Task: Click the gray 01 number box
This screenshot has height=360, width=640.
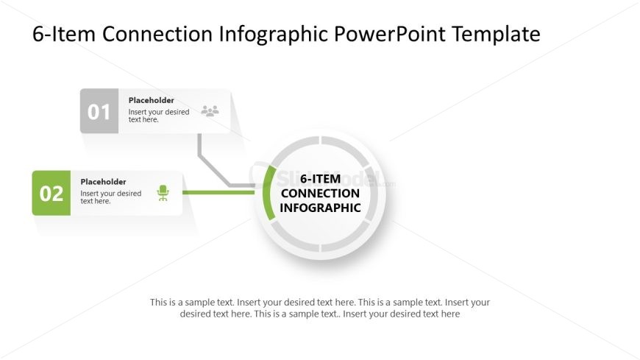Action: coord(99,110)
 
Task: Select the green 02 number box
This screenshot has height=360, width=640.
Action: coord(51,193)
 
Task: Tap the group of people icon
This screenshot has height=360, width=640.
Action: coord(210,110)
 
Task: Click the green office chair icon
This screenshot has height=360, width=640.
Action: coord(163,193)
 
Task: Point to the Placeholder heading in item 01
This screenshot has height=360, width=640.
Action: coord(151,100)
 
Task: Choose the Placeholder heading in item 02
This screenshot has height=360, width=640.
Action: coord(103,181)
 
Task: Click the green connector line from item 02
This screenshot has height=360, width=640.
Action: coord(218,192)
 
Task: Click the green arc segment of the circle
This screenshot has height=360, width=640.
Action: coord(268,193)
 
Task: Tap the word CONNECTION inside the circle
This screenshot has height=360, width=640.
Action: coord(321,194)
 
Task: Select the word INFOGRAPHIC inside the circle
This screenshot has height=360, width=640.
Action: coord(321,208)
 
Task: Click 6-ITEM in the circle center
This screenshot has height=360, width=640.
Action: coord(321,179)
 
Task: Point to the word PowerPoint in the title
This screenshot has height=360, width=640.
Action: coord(389,34)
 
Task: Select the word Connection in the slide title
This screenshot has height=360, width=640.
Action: coord(157,34)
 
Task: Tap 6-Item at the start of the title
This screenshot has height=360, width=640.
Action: coord(64,34)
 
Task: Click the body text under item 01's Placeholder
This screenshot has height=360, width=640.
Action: coord(159,116)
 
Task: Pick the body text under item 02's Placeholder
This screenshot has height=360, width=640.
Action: coord(110,197)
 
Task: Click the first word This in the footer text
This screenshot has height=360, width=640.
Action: coord(158,303)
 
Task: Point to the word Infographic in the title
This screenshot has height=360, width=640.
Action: coord(274,35)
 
